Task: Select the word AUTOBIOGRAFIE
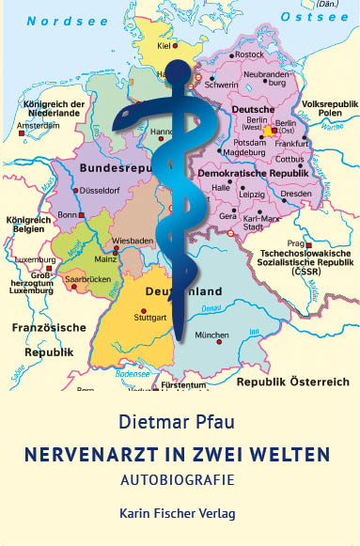click(180, 479)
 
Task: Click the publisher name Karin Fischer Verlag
click(180, 515)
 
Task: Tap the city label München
click(211, 335)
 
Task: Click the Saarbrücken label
click(86, 280)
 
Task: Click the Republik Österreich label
click(292, 382)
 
